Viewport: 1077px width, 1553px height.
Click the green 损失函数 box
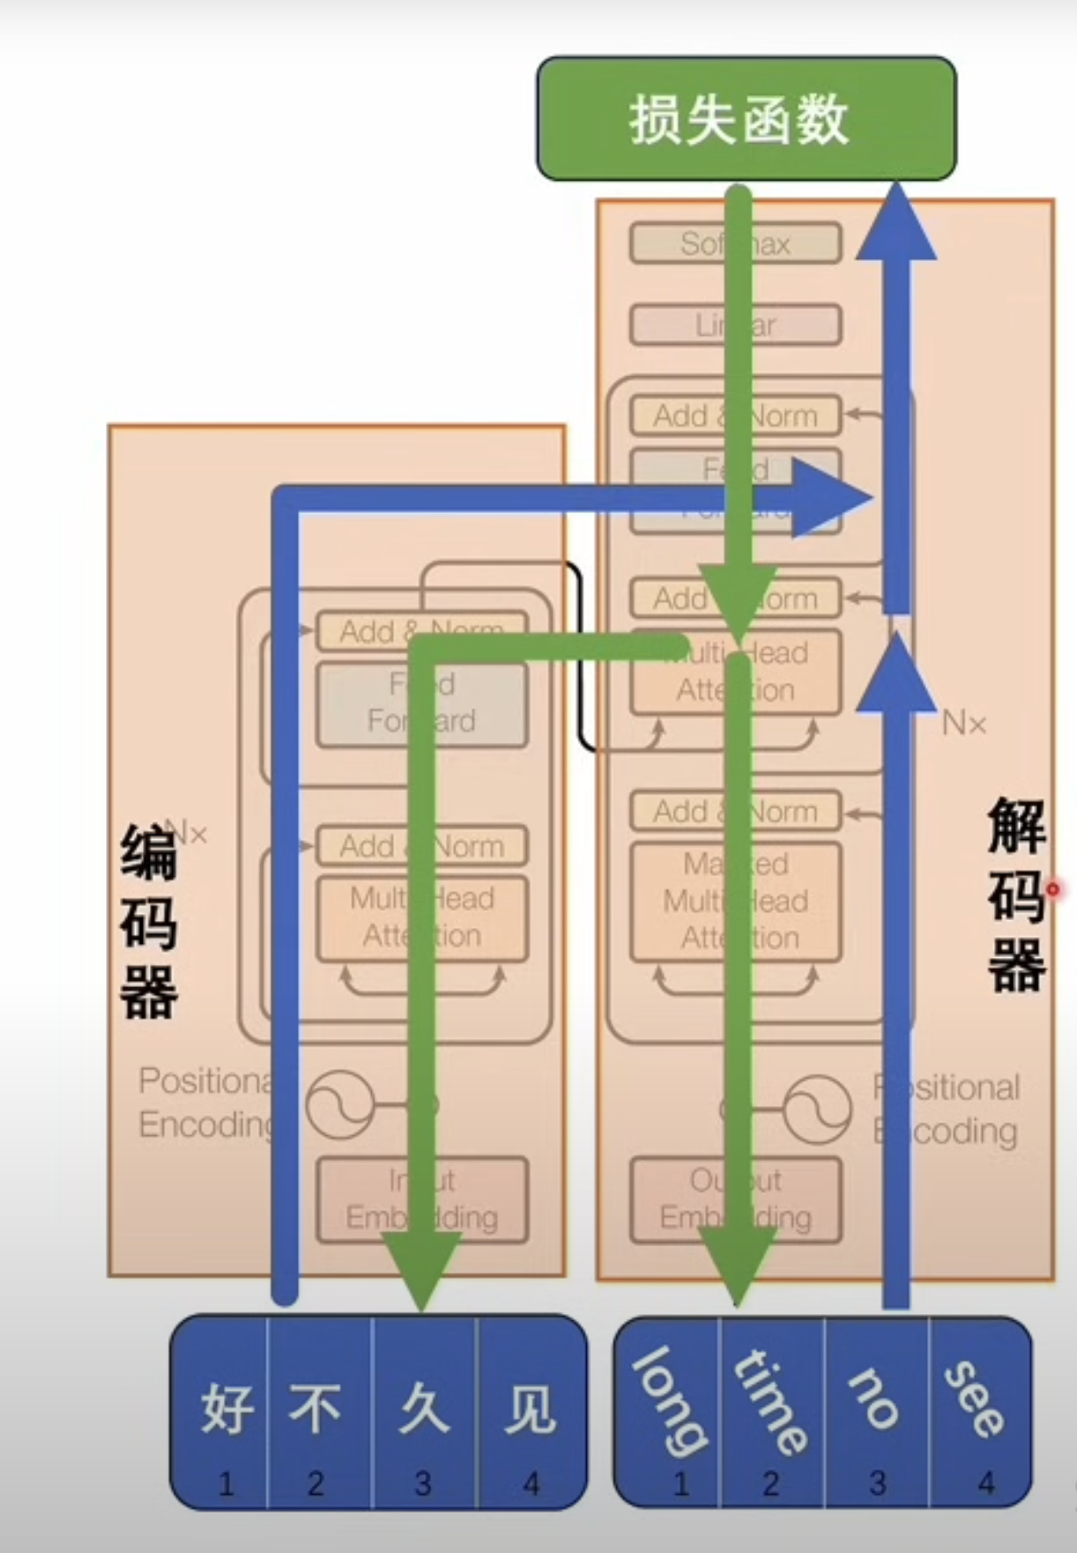click(746, 119)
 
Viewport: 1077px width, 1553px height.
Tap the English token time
click(770, 1401)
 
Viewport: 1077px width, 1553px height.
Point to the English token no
click(874, 1401)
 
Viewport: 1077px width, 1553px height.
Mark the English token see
click(975, 1401)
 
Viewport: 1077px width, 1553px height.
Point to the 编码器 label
click(148, 921)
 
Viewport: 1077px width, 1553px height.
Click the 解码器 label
click(1016, 895)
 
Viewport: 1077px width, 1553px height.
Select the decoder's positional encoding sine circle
click(818, 1108)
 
